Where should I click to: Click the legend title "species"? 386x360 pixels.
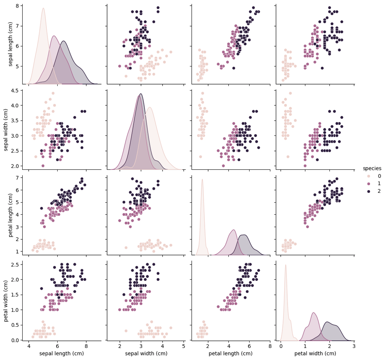pyautogui.click(x=372, y=168)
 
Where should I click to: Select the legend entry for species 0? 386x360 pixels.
pyautogui.click(x=379, y=176)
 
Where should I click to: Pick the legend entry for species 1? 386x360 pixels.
pyautogui.click(x=379, y=183)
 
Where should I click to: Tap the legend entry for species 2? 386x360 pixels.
pyautogui.click(x=379, y=191)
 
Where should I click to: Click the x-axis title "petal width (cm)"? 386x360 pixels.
pyautogui.click(x=315, y=353)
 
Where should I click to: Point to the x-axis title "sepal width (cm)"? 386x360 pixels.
pyautogui.click(x=146, y=353)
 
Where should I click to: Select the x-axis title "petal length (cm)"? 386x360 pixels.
pyautogui.click(x=231, y=353)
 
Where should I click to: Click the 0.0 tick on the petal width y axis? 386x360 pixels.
pyautogui.click(x=15, y=340)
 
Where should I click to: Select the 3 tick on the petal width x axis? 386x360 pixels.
pyautogui.click(x=354, y=346)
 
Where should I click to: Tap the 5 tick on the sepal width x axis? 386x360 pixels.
pyautogui.click(x=184, y=346)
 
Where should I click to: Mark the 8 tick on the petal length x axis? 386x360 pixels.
pyautogui.click(x=270, y=346)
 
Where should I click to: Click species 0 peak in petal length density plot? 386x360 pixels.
pyautogui.click(x=202, y=179)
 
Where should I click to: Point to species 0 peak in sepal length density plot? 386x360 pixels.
pyautogui.click(x=43, y=8)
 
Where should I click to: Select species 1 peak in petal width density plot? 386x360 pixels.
pyautogui.click(x=313, y=312)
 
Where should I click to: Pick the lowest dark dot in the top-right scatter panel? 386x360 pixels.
pyautogui.click(x=322, y=68)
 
